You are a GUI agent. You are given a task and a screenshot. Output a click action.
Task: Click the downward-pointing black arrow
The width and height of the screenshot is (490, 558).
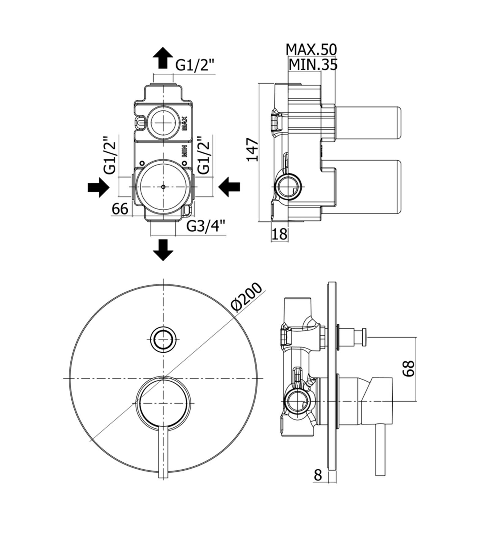tap(163, 250)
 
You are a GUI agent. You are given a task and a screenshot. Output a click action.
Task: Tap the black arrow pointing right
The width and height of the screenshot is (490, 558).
tap(98, 187)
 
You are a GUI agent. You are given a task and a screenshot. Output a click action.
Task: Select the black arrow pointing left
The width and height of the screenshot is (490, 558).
tap(229, 186)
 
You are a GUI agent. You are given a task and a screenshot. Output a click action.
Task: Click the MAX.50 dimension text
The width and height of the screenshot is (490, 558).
tap(311, 49)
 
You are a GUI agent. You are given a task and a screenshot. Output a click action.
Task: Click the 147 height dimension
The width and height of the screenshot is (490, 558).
tap(253, 150)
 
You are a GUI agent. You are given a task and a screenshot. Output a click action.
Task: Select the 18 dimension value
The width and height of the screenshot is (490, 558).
tap(280, 234)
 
